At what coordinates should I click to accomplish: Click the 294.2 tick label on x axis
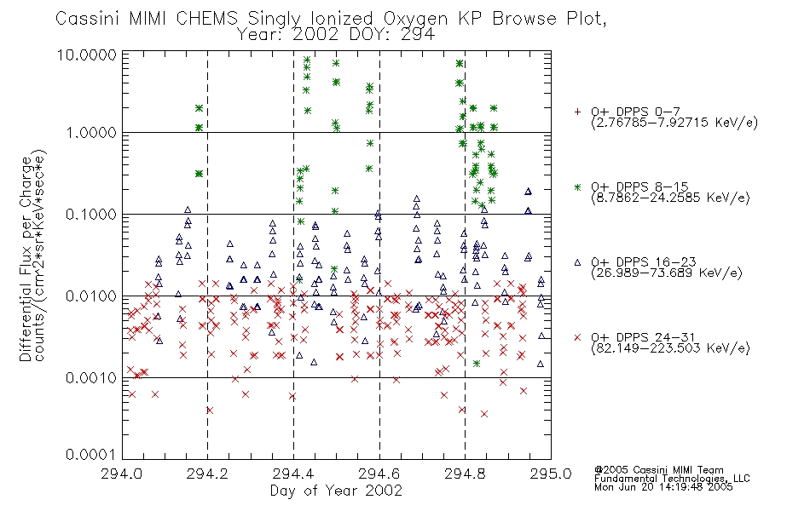click(x=207, y=474)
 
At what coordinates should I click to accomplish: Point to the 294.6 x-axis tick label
click(x=379, y=474)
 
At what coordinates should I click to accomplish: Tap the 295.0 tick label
click(x=551, y=474)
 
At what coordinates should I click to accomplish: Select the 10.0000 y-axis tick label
click(x=87, y=55)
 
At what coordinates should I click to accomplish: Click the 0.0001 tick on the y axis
click(x=91, y=454)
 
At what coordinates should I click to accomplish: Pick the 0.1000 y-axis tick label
click(x=91, y=215)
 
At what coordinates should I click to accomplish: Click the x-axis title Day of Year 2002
click(x=336, y=491)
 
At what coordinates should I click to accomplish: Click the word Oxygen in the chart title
click(x=415, y=19)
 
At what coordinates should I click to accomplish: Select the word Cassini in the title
click(x=87, y=19)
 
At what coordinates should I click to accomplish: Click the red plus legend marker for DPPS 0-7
click(x=577, y=112)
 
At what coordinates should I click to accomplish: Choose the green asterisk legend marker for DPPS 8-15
click(x=577, y=187)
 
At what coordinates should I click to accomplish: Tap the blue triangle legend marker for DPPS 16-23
click(x=577, y=262)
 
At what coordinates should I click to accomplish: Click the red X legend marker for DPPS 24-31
click(x=577, y=337)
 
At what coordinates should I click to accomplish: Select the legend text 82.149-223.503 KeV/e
click(x=670, y=348)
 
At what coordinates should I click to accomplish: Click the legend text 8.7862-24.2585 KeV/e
click(x=670, y=198)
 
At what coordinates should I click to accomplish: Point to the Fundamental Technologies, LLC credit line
click(x=672, y=479)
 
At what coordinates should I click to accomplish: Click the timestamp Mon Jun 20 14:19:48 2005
click(x=663, y=487)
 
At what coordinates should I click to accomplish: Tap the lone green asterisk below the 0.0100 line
click(x=477, y=364)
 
